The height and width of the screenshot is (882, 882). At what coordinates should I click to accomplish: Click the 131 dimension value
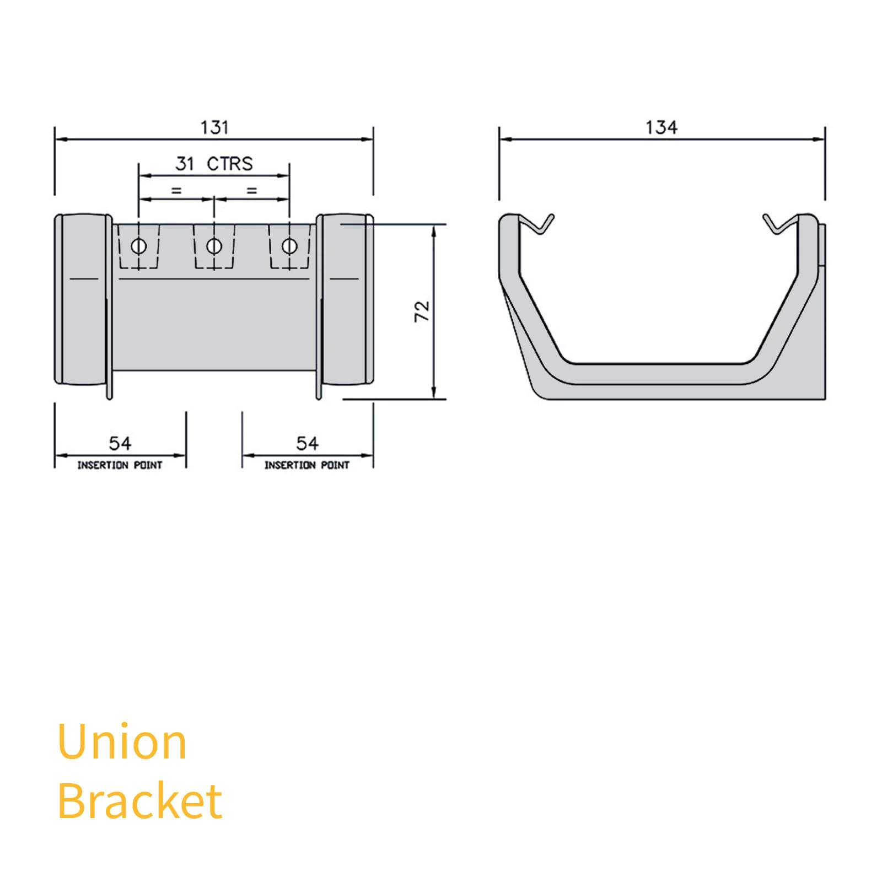[214, 127]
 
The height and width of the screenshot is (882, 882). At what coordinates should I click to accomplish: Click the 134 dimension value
[661, 127]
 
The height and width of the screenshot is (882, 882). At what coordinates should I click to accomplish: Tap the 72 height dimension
[422, 311]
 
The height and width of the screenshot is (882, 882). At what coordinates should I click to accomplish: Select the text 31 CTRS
[214, 164]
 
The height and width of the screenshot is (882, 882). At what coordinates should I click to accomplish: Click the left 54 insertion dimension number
[120, 443]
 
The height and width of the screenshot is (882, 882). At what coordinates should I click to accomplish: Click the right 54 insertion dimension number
[307, 443]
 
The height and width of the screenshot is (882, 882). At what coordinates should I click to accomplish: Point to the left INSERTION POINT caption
[120, 465]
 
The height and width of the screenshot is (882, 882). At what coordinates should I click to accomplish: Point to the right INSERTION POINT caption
[307, 465]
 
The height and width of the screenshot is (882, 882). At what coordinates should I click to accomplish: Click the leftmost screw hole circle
[139, 246]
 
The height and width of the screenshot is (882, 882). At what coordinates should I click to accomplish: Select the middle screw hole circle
[214, 246]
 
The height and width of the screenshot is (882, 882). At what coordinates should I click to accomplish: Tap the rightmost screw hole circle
[289, 246]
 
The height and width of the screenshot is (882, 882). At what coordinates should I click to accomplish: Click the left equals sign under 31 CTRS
[176, 191]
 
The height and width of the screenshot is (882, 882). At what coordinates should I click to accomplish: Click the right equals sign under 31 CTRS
[252, 191]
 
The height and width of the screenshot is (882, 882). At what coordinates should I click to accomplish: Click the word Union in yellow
[122, 742]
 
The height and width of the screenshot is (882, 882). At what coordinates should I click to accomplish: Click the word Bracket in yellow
[140, 800]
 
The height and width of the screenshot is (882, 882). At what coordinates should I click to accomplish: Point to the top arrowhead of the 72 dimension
[434, 231]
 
